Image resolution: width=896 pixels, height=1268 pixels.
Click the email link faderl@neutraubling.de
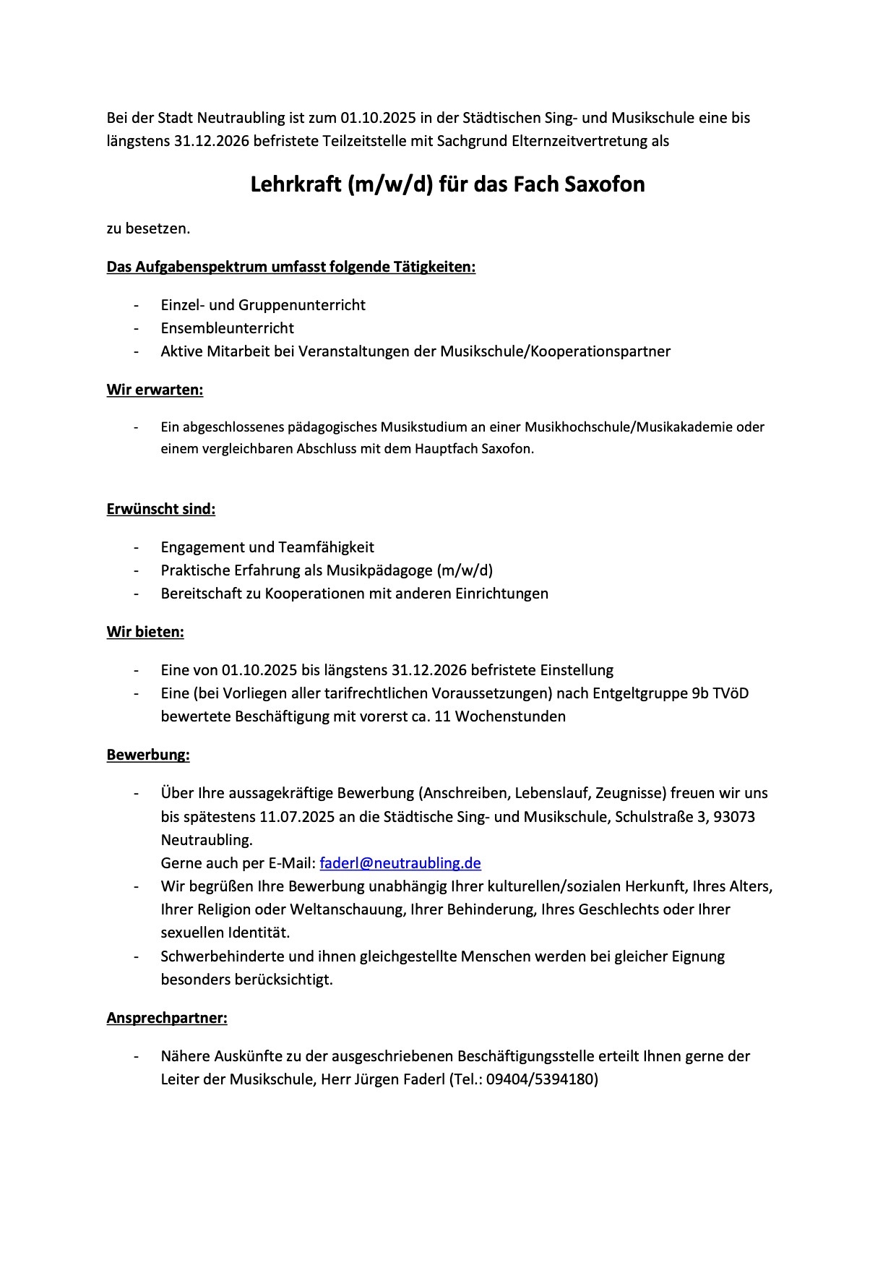point(400,862)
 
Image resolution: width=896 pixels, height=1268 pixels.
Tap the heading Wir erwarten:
point(155,390)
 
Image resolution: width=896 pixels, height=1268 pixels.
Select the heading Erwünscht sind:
point(161,508)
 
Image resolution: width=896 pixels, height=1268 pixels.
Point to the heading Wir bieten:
point(145,632)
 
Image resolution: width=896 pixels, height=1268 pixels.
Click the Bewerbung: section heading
point(148,755)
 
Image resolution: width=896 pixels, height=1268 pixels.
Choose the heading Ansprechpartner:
point(167,1018)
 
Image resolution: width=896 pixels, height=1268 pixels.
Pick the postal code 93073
point(734,816)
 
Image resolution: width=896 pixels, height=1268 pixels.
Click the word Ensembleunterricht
point(227,328)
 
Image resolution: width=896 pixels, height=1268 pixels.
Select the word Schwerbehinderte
point(223,956)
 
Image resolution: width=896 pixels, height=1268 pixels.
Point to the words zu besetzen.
point(148,228)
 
